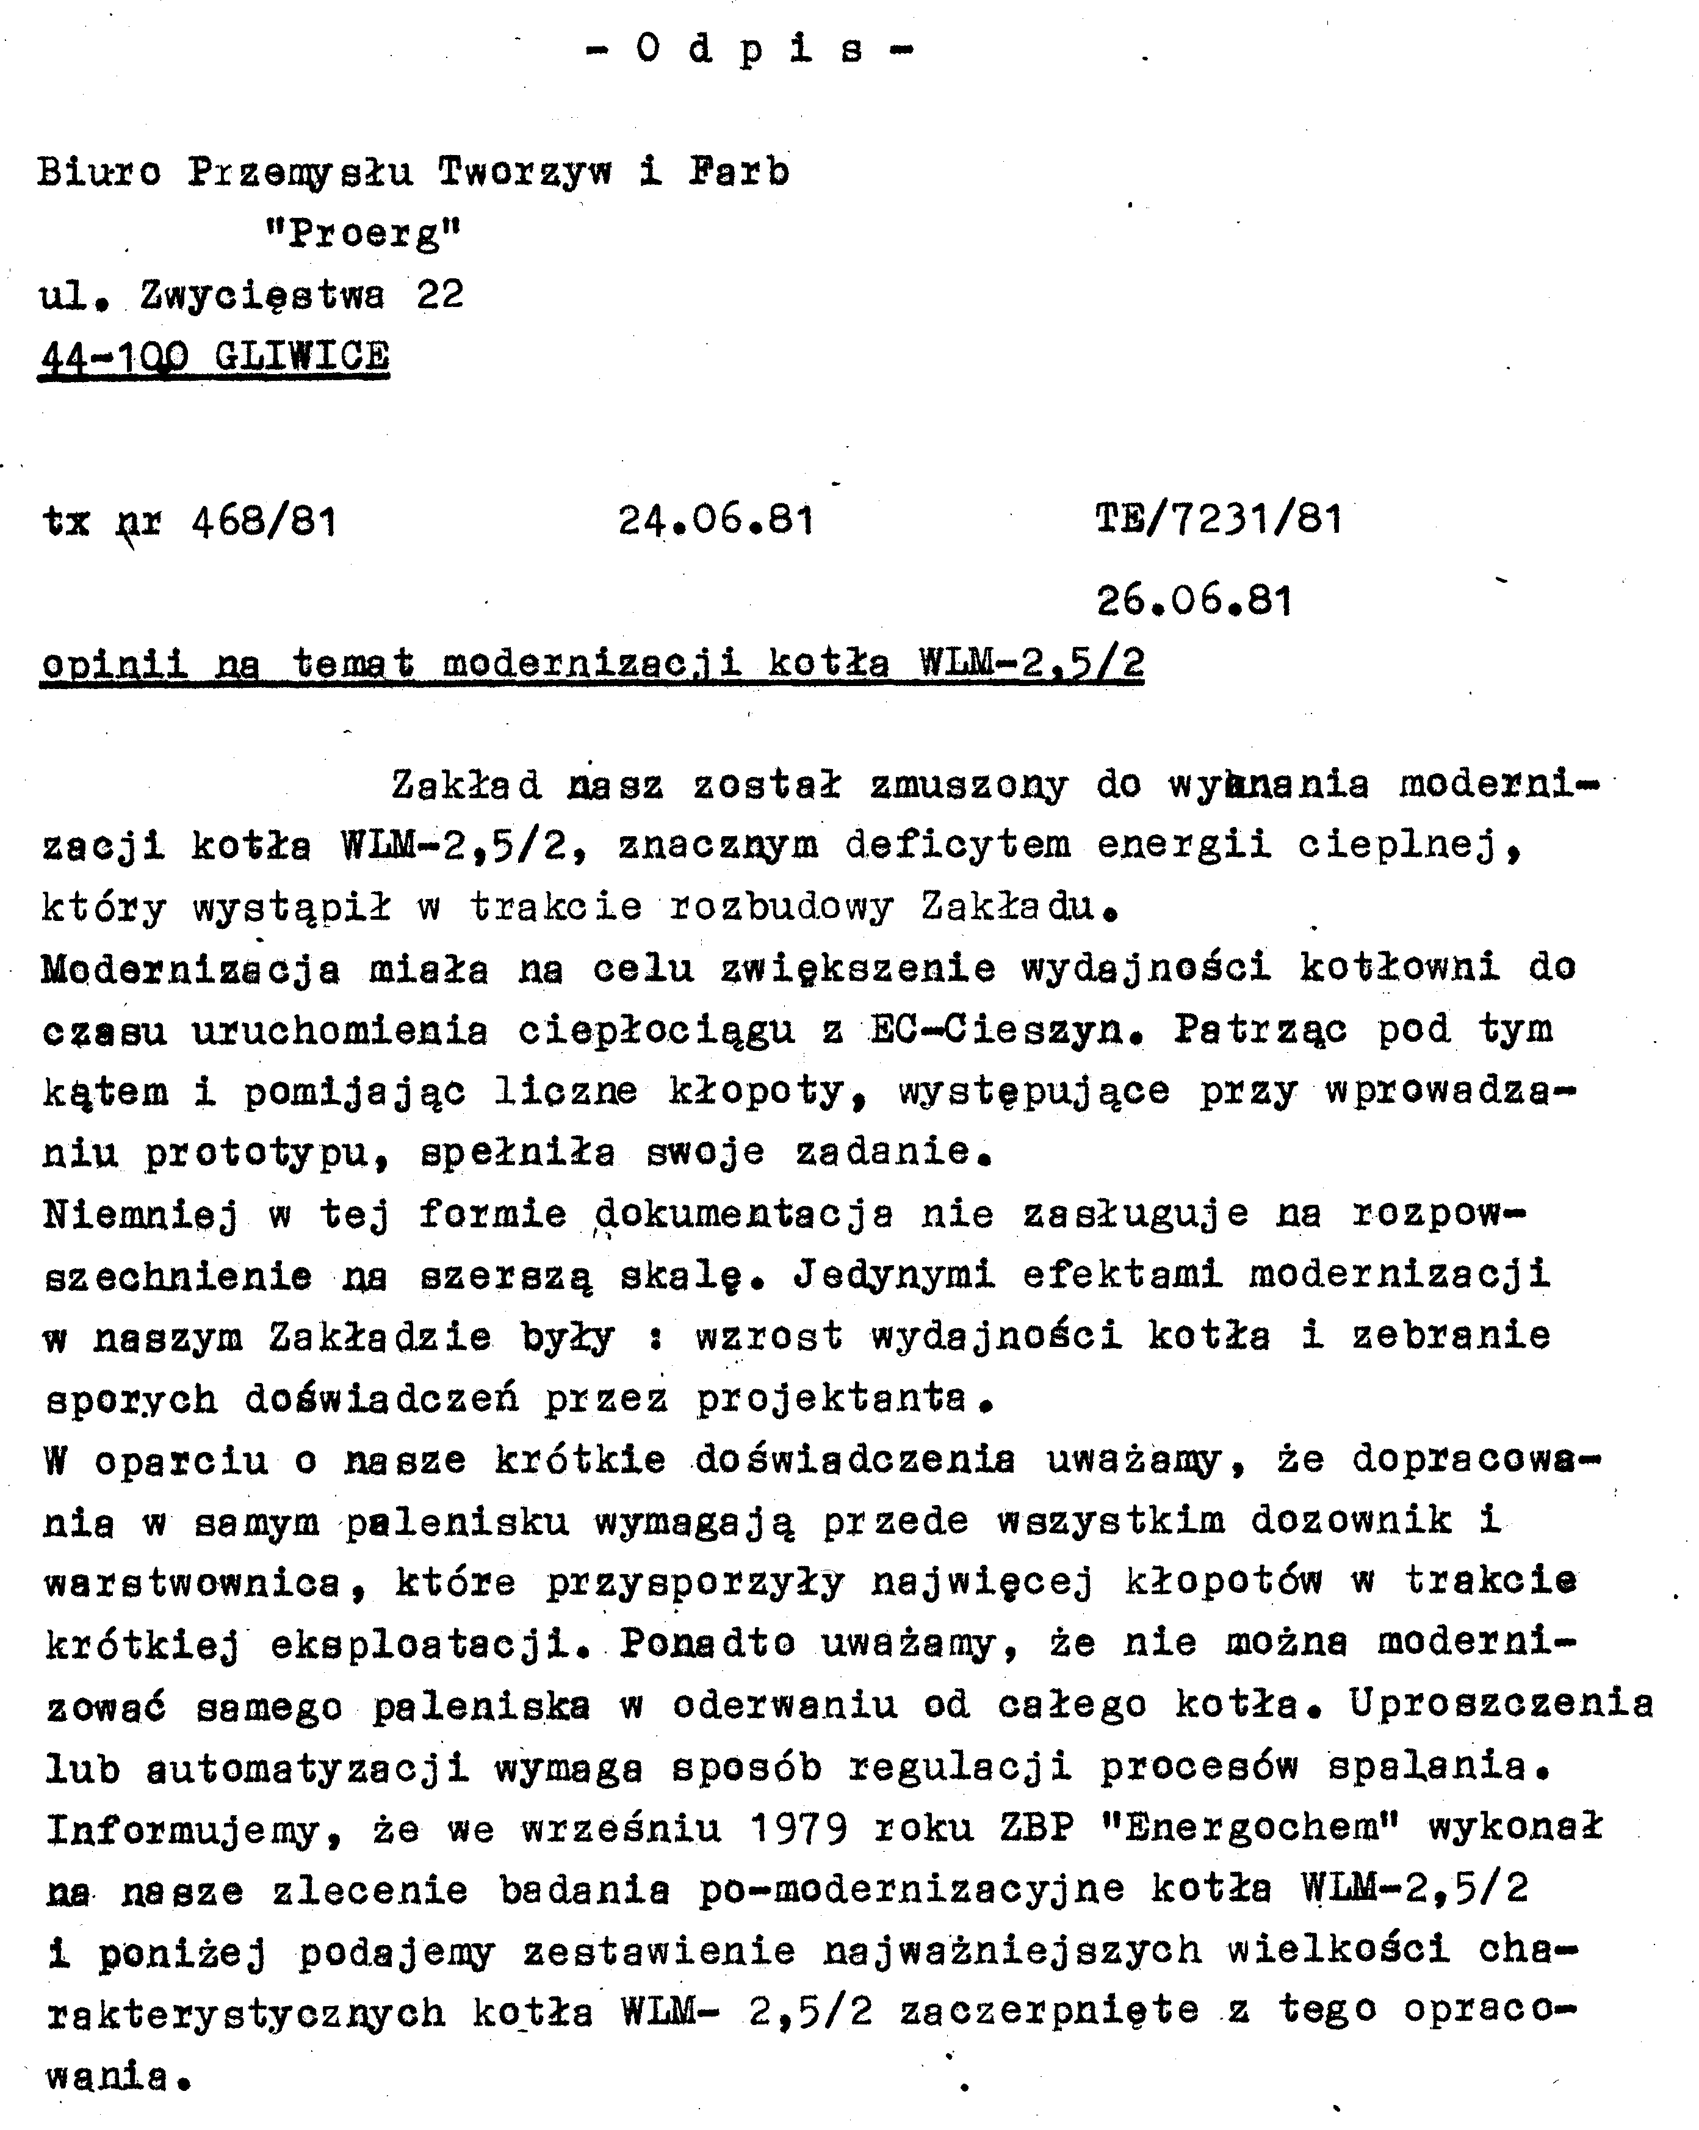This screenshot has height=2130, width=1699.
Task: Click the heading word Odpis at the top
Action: pos(751,49)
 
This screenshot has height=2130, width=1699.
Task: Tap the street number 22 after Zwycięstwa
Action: pos(441,294)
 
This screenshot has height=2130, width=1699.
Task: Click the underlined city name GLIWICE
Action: pos(302,356)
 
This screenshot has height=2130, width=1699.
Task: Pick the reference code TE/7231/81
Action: pos(1219,519)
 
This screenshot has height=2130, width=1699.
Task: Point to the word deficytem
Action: pos(958,845)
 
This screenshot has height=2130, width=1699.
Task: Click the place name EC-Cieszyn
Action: pos(998,1030)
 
